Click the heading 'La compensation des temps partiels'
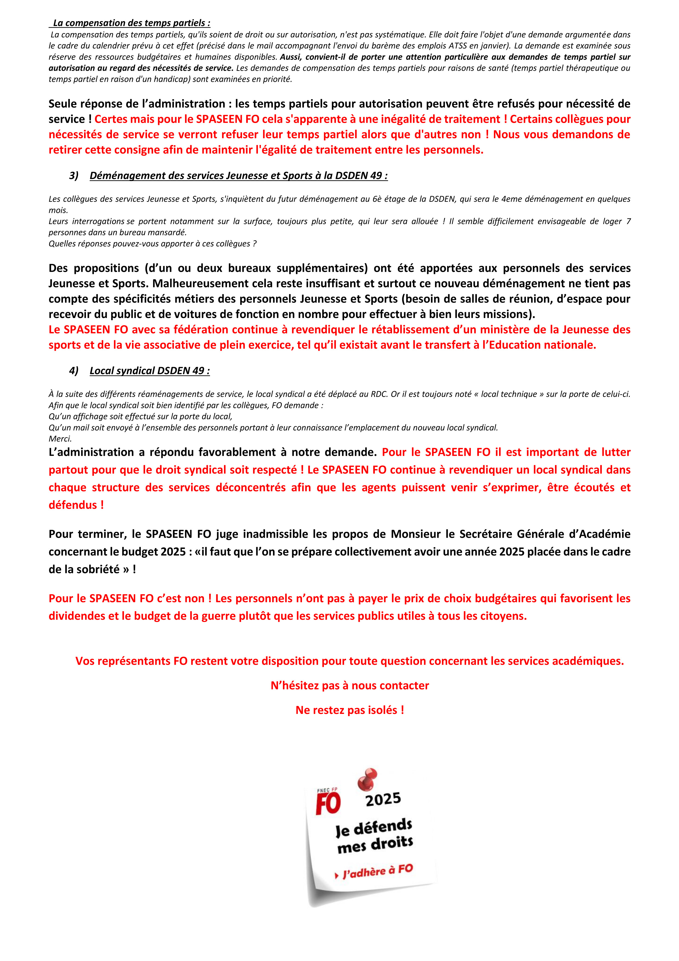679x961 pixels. (131, 23)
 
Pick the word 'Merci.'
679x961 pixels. (60, 439)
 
